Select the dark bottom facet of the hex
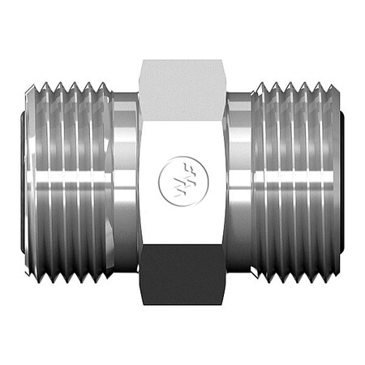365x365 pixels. (x=182, y=276)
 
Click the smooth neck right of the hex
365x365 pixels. (x=238, y=182)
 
